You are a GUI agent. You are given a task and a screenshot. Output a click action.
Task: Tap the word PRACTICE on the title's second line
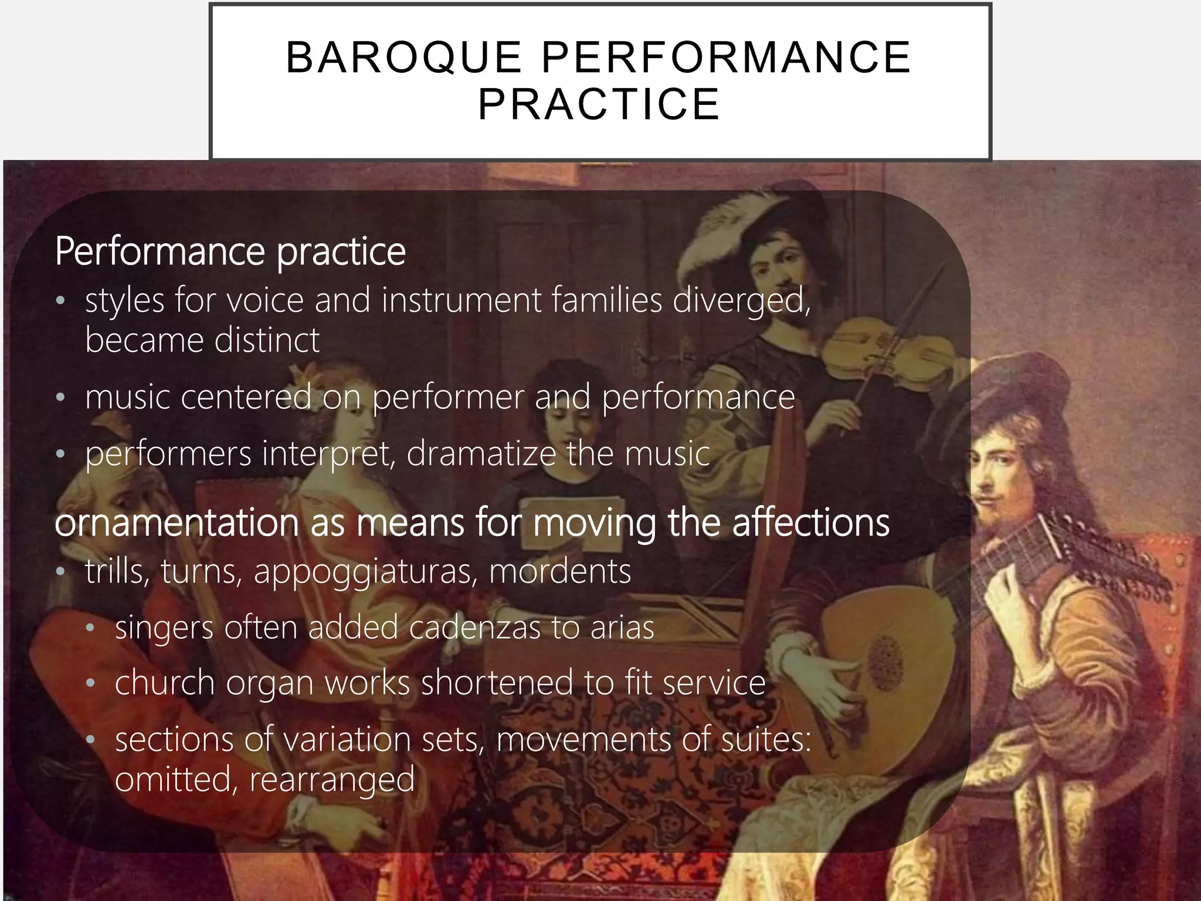[599, 104]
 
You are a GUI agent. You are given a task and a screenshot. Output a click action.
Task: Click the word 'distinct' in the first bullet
[267, 340]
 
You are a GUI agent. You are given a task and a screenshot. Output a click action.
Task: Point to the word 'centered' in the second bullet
[245, 397]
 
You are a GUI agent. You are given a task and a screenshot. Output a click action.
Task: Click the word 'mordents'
[560, 571]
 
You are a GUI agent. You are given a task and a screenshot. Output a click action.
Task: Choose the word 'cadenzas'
[474, 627]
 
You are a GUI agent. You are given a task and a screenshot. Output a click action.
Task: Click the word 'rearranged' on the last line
[332, 780]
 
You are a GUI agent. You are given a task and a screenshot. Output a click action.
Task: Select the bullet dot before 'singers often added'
[90, 628]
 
